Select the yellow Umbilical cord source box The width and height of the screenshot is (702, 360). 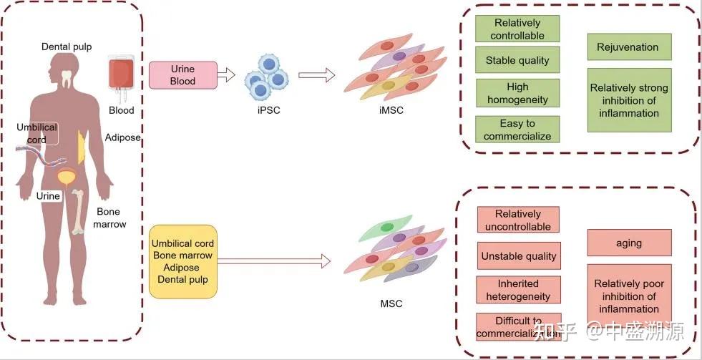point(182,261)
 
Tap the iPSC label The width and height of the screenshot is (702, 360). point(264,110)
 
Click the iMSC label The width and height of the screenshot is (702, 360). point(391,110)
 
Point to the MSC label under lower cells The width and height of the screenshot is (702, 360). point(391,303)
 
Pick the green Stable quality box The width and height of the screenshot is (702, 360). point(517,60)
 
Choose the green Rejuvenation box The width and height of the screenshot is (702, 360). point(628,47)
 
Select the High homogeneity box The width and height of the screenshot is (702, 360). point(517,94)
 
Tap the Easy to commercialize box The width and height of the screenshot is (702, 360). point(517,130)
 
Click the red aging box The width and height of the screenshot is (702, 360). point(629,243)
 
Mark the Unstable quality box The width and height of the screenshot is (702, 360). point(519,256)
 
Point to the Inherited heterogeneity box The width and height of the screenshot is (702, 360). point(519,290)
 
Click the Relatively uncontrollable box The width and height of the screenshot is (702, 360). point(519,220)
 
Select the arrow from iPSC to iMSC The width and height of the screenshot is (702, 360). point(316,74)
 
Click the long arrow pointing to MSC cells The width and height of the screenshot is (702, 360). point(276,262)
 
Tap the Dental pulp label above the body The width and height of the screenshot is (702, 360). point(66,47)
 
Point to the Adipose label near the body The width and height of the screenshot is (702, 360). point(123,137)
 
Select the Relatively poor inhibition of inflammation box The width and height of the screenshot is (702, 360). point(629,296)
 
